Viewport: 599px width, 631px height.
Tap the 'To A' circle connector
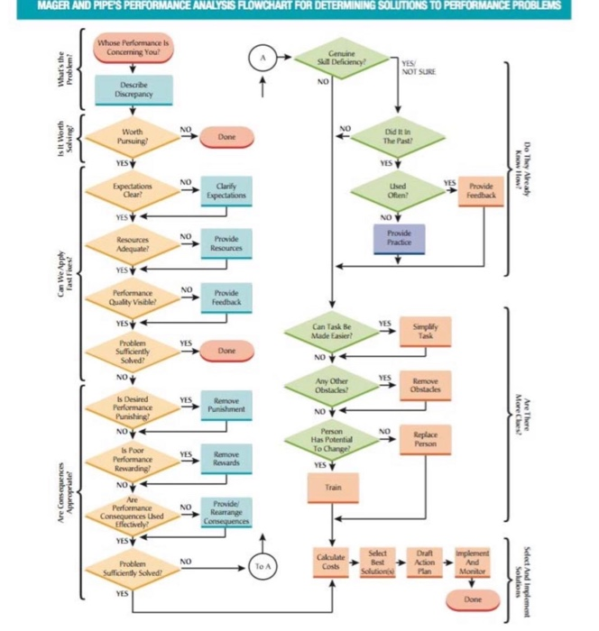262,566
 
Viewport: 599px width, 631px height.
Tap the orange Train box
335,487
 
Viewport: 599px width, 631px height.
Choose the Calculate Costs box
331,560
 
